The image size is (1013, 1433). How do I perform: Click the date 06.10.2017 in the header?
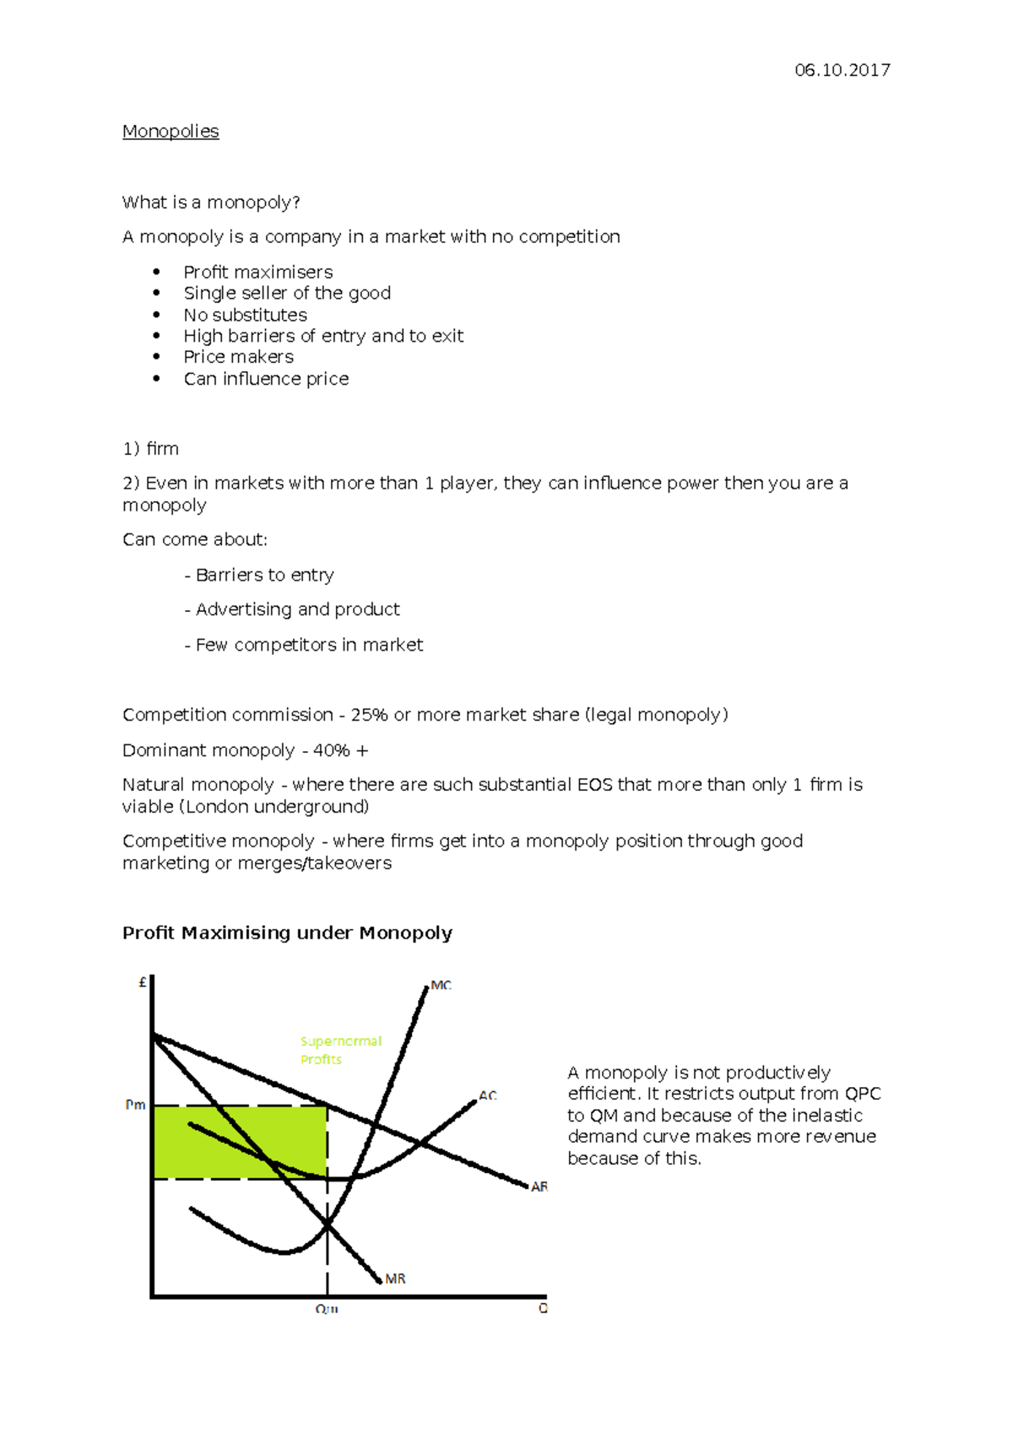[x=842, y=70]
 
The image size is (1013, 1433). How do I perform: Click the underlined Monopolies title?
[x=171, y=132]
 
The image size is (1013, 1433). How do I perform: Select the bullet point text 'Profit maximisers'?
[x=258, y=272]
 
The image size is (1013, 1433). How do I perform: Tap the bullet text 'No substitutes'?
[x=246, y=315]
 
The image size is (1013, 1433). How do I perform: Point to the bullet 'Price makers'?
[x=239, y=357]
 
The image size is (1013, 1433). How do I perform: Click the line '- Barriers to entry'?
[x=259, y=575]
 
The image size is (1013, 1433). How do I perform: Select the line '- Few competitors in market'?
[x=304, y=645]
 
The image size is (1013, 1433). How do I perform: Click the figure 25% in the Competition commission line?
[x=369, y=715]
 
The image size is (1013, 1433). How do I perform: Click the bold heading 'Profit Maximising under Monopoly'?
[x=287, y=933]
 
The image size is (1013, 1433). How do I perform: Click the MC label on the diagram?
[x=441, y=985]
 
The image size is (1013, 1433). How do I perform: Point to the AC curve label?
[x=488, y=1095]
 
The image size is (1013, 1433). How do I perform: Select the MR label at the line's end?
[x=395, y=1279]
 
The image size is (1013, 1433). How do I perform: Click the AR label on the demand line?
[x=539, y=1187]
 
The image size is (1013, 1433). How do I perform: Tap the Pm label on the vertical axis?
[x=135, y=1105]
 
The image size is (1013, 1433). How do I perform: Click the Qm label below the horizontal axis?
[x=327, y=1309]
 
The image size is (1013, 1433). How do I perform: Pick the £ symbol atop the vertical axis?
[x=143, y=982]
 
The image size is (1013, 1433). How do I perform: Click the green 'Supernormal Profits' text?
[x=340, y=1050]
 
